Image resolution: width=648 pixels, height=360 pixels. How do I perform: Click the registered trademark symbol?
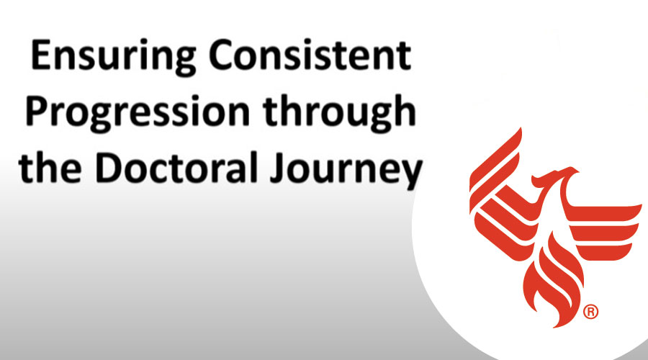click(x=590, y=312)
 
